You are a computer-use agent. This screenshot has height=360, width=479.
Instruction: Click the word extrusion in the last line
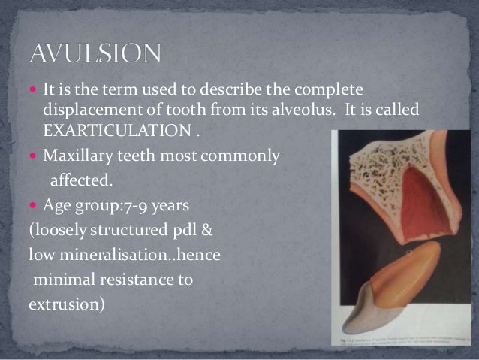(62, 307)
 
